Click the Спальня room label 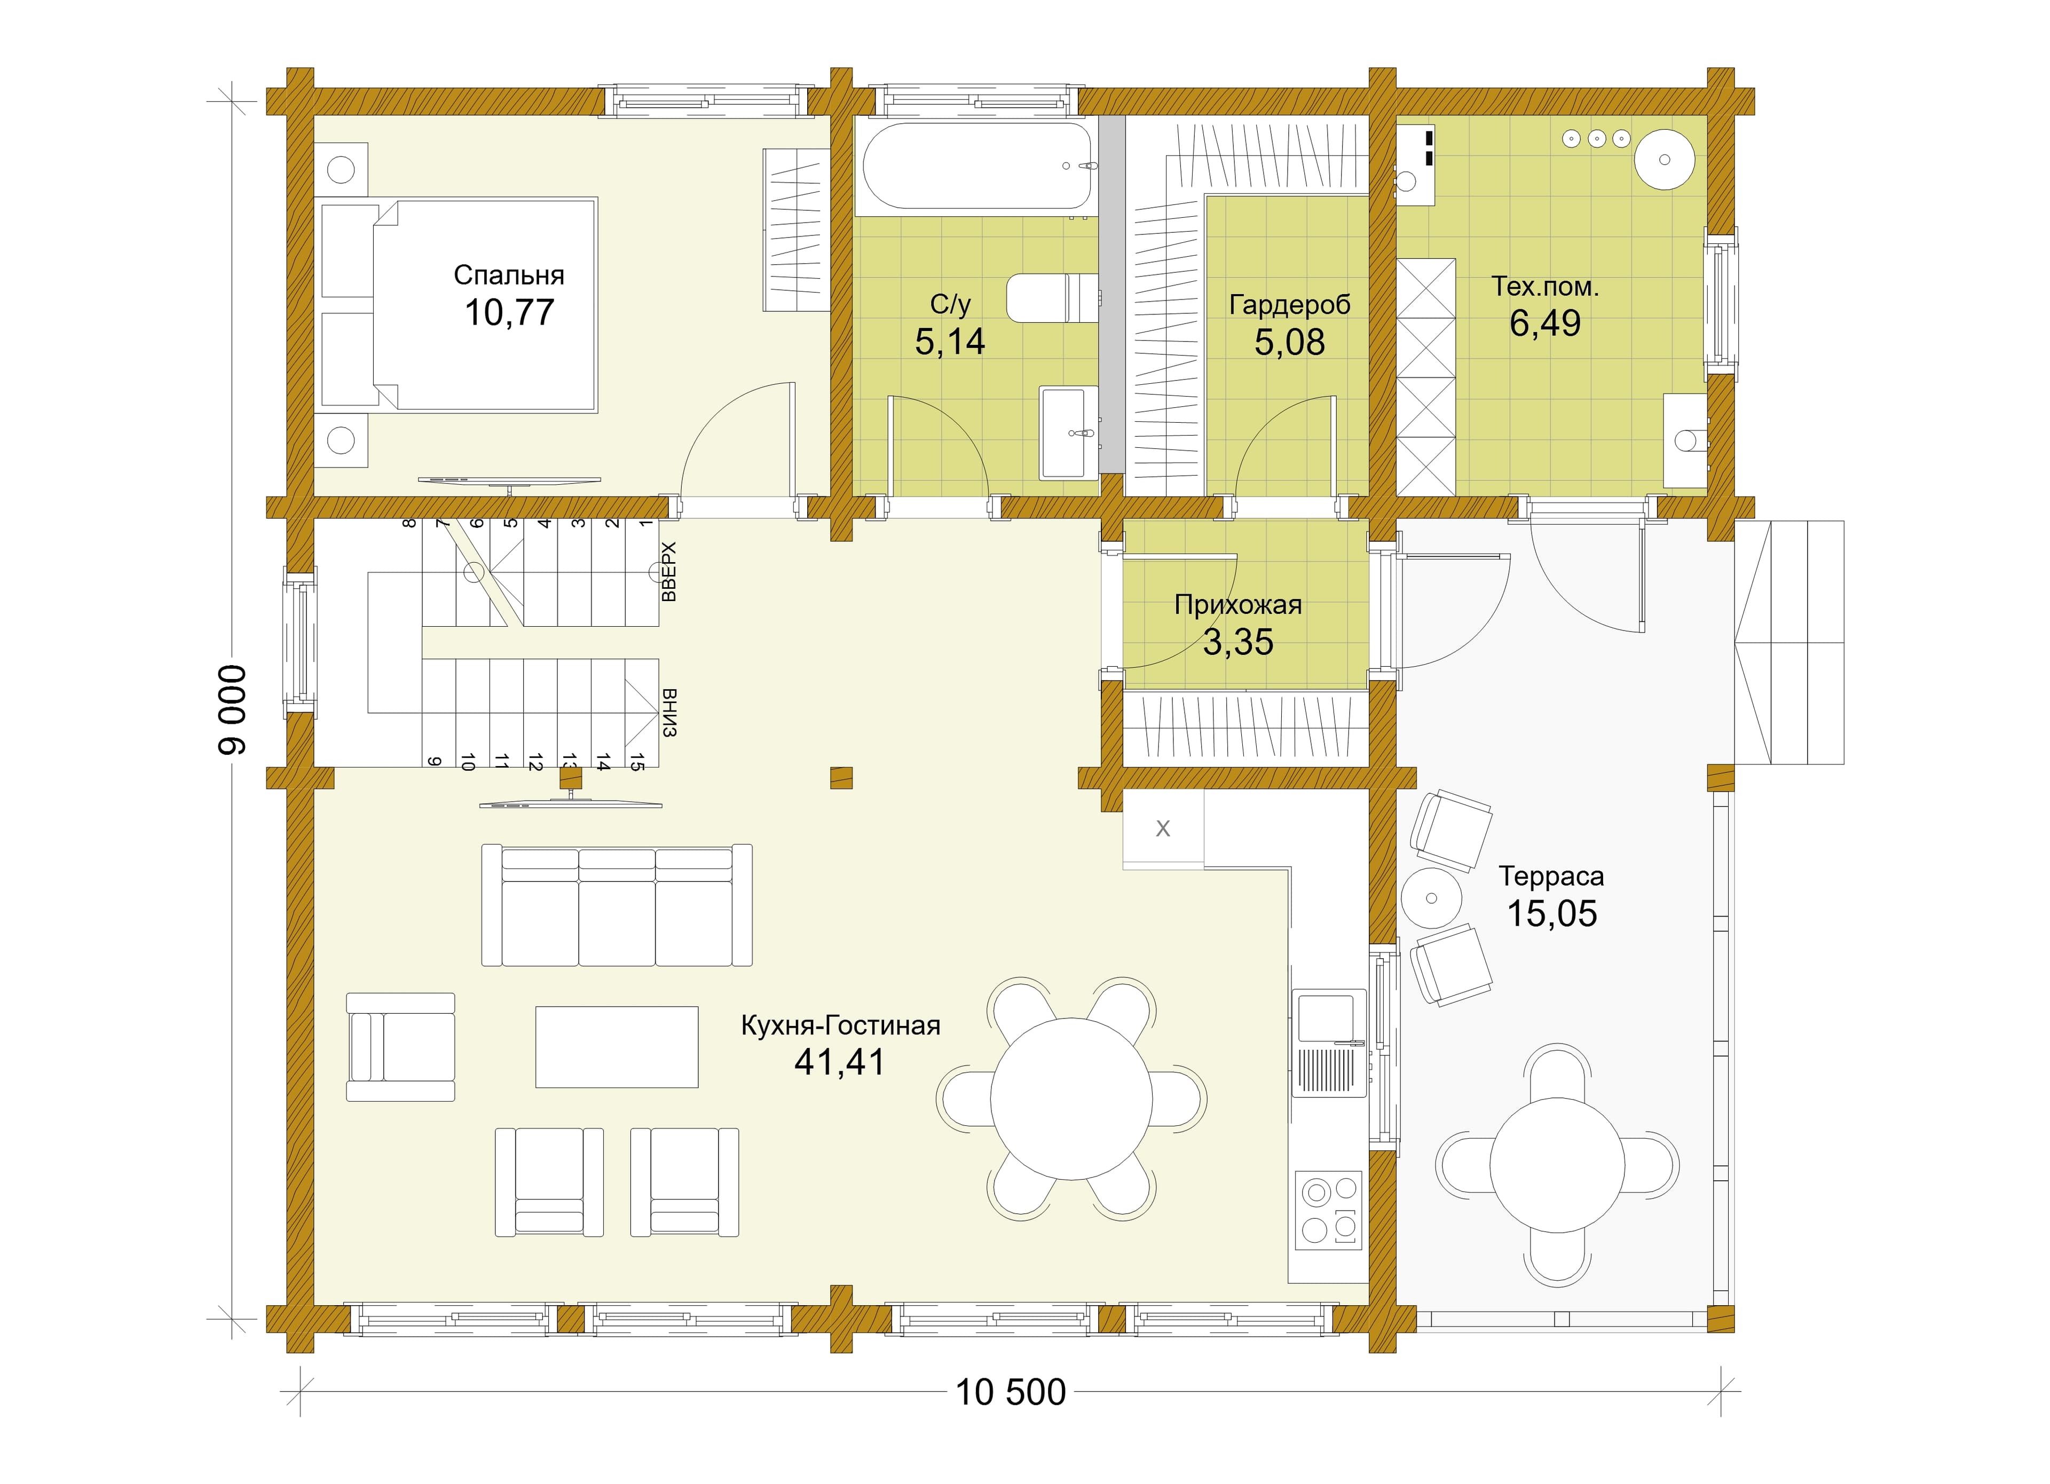tap(509, 275)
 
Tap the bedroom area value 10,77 tap(509, 313)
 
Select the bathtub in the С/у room tap(977, 167)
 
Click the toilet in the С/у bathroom tap(1052, 297)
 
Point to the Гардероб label tap(1290, 305)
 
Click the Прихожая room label tap(1239, 605)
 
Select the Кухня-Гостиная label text tap(841, 1026)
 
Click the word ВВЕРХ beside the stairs tap(668, 571)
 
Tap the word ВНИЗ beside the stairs tap(668, 713)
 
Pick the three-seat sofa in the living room tap(617, 905)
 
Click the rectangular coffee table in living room tap(617, 1047)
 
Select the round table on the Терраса tap(1557, 1165)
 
